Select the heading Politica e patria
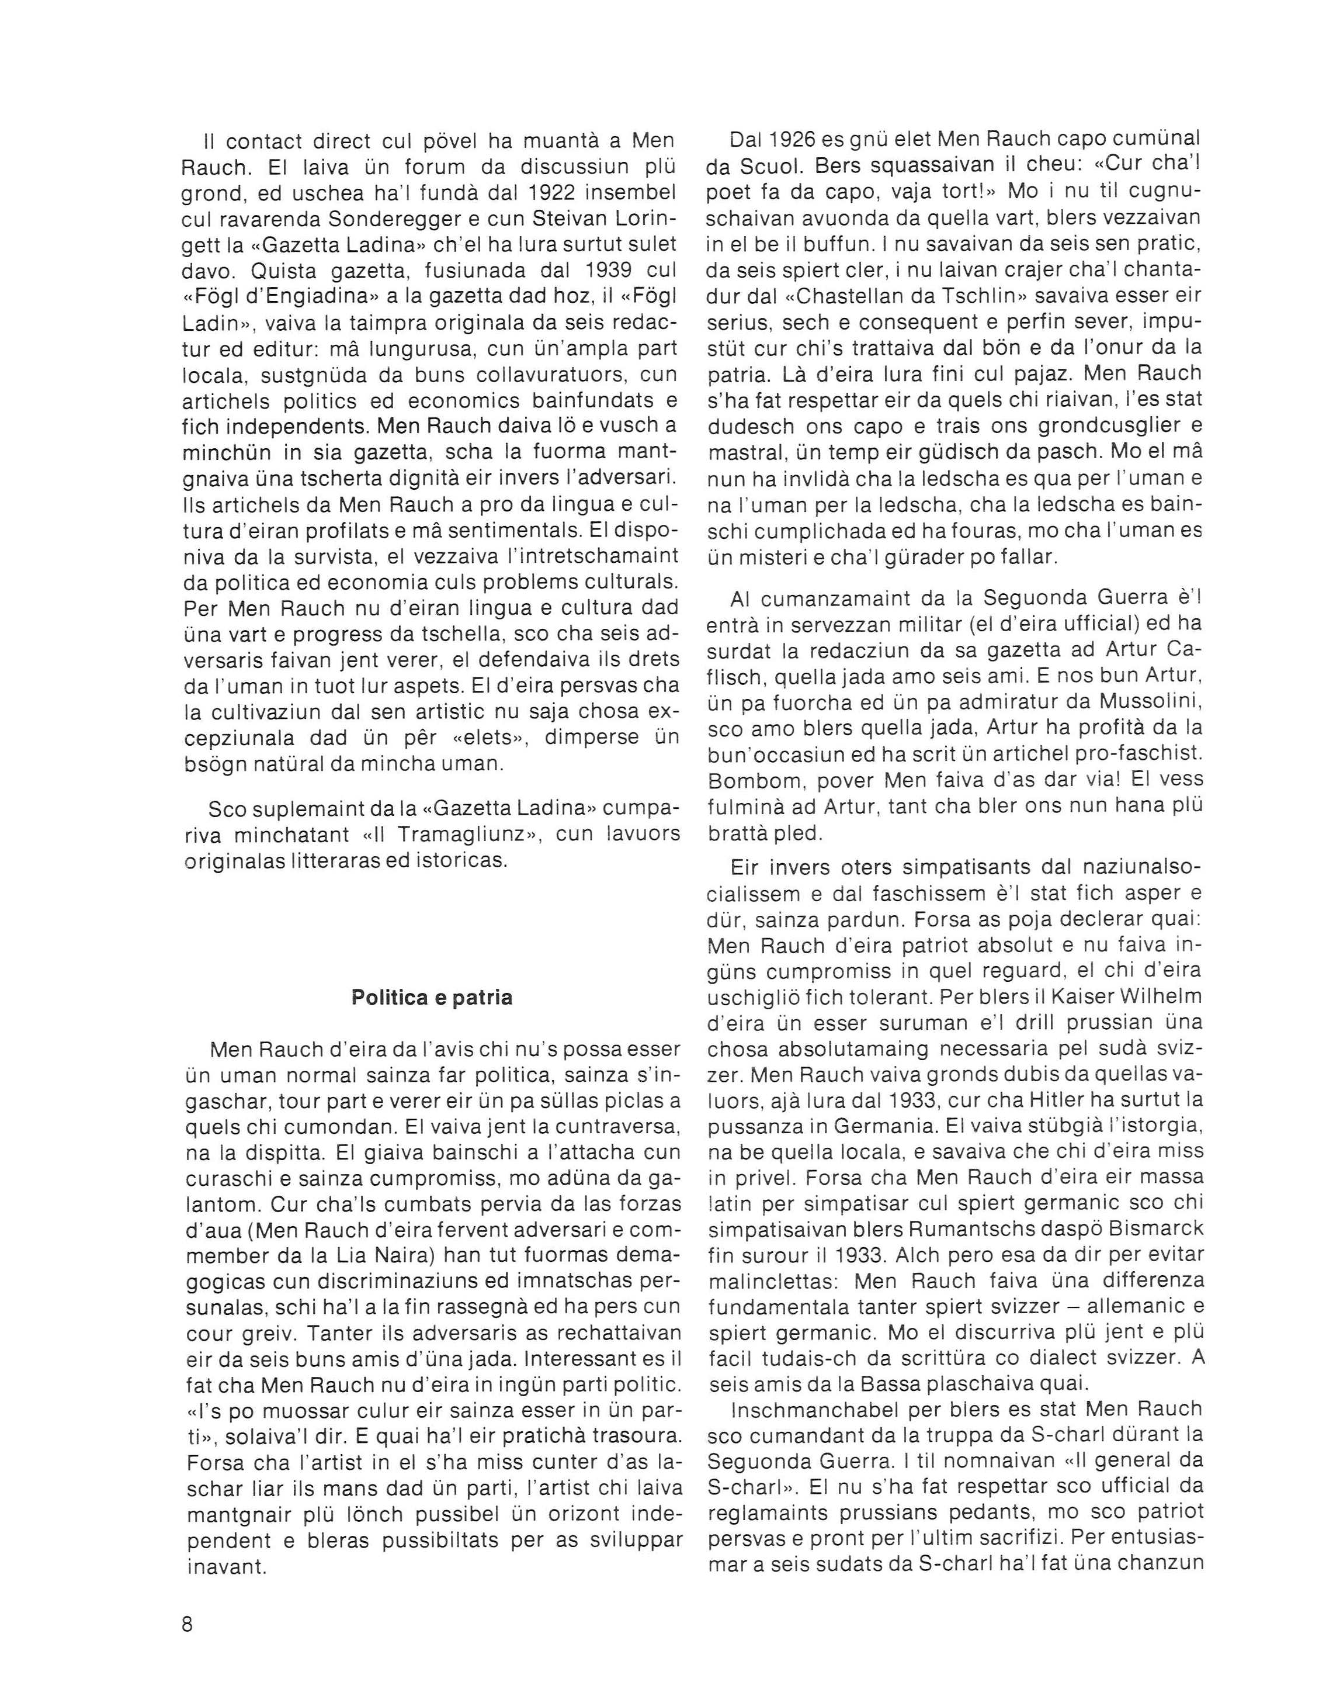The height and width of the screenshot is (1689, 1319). [432, 997]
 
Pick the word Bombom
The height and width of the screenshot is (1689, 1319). [749, 780]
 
